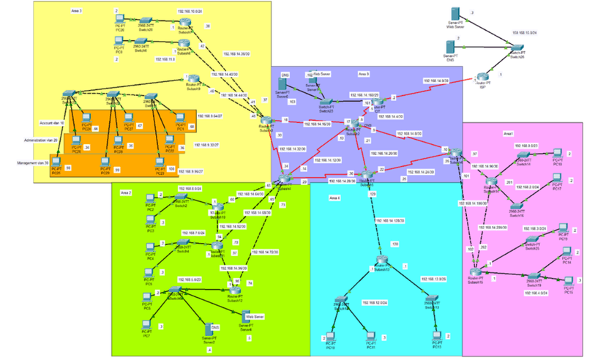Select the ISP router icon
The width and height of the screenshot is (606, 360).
coord(482,76)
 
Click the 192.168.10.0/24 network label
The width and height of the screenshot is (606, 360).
coord(190,13)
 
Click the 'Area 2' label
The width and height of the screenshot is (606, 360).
coord(126,192)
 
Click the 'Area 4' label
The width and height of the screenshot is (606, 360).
coord(334,198)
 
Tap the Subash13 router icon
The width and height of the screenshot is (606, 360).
coord(381,264)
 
